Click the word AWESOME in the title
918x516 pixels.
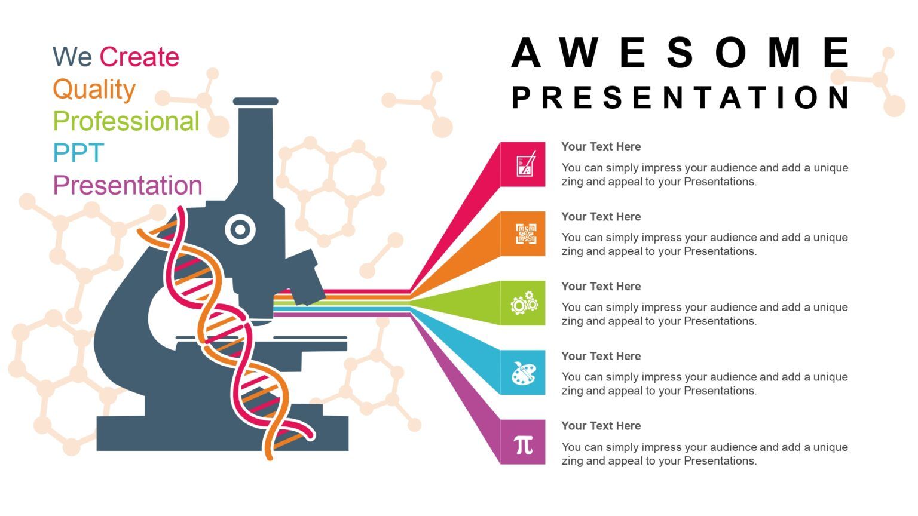click(681, 53)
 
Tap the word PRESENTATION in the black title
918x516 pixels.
click(681, 97)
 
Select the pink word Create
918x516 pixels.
click(139, 57)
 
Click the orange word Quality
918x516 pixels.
click(94, 90)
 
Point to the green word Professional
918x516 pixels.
click(126, 121)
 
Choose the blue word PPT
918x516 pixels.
click(78, 153)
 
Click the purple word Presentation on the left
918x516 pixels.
click(127, 186)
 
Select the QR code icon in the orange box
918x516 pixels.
click(525, 234)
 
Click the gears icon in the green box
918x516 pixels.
click(524, 303)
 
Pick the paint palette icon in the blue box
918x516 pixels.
click(524, 373)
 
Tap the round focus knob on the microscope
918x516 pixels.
click(240, 229)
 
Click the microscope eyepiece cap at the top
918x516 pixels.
click(255, 102)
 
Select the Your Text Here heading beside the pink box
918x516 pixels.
click(601, 147)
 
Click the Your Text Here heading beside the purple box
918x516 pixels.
click(601, 426)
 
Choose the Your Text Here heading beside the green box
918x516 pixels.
click(601, 287)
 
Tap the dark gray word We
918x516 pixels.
click(72, 57)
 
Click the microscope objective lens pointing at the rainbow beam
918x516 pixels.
click(305, 277)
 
